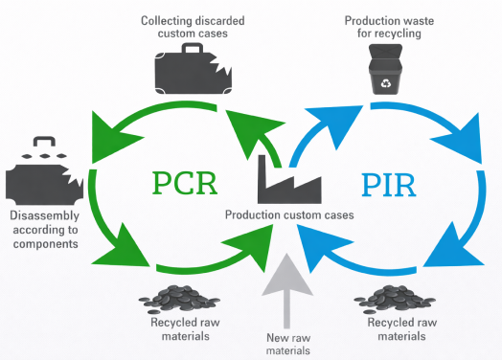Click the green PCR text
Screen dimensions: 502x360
(x=185, y=183)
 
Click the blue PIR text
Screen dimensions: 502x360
(x=389, y=185)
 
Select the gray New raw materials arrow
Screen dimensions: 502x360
(x=286, y=290)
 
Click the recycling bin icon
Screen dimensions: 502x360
(x=386, y=69)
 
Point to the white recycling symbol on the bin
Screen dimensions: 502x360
(x=386, y=83)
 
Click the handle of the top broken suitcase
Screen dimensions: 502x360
(x=193, y=48)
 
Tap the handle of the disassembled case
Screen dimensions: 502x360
(x=44, y=142)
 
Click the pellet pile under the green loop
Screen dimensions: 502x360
(x=179, y=299)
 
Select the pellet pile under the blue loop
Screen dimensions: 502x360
(x=395, y=299)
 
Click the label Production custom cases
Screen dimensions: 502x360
(x=289, y=215)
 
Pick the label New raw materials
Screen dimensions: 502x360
(x=288, y=344)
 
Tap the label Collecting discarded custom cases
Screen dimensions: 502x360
(x=193, y=27)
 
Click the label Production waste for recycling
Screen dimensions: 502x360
(x=389, y=27)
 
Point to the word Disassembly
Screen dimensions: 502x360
(x=44, y=216)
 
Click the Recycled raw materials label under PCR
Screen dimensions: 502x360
(x=185, y=329)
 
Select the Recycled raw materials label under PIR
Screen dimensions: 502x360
(x=402, y=329)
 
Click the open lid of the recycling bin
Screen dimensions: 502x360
(x=386, y=52)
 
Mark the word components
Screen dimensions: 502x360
(x=46, y=244)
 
